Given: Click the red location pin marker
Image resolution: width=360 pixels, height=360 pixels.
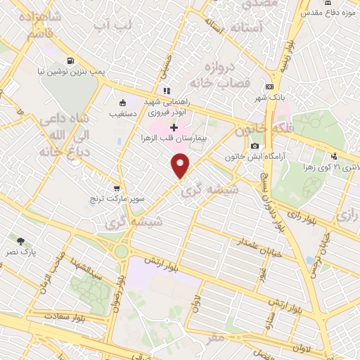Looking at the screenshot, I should point(181,166).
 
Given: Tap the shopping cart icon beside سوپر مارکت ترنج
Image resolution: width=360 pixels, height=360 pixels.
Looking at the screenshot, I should point(117,188).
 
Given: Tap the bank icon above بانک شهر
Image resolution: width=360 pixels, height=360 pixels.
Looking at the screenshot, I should point(269,86).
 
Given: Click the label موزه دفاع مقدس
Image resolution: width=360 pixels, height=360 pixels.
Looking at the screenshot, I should point(330,12).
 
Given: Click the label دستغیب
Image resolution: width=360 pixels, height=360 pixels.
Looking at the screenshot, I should point(123,112).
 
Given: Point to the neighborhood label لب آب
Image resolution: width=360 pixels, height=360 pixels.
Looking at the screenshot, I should point(113,26).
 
